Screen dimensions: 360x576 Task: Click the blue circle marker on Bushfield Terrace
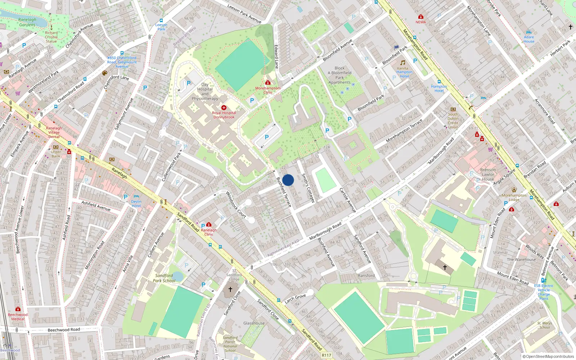click(288, 180)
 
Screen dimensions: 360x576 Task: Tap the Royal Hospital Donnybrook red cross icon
click(224, 108)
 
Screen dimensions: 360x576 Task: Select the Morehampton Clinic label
click(268, 90)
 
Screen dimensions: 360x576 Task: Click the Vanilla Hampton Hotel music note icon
click(403, 63)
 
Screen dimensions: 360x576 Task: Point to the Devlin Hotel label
click(136, 204)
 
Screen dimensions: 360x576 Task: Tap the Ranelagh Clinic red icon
click(208, 225)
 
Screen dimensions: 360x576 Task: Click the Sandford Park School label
click(164, 278)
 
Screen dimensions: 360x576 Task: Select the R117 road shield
click(326, 355)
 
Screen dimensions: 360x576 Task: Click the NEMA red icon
click(420, 17)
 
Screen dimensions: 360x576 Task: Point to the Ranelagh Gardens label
click(27, 22)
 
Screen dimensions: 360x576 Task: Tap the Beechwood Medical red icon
click(18, 309)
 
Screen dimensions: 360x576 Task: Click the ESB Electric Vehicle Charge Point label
click(544, 292)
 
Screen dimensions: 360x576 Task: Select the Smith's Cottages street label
click(308, 188)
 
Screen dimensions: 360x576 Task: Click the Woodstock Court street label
click(236, 205)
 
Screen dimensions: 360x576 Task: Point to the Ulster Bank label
click(56, 154)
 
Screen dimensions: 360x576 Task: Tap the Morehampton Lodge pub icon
click(514, 190)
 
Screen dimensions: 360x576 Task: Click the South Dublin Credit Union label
click(453, 121)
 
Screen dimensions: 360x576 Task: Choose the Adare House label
click(529, 39)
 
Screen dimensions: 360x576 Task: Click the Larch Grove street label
click(295, 298)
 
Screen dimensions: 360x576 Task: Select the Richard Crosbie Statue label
click(51, 37)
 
